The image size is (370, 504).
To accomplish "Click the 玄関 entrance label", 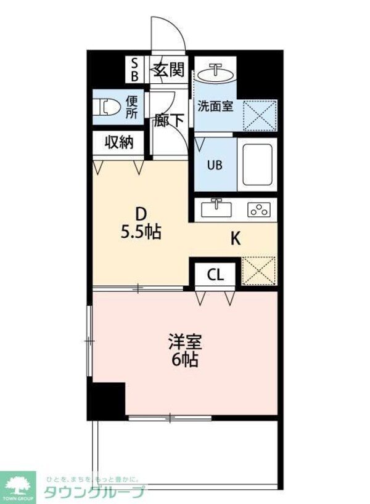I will [169, 69].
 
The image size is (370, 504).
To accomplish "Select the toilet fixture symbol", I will [109, 108].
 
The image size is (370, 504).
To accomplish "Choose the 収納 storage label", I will [119, 142].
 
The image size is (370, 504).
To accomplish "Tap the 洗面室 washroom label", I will [215, 105].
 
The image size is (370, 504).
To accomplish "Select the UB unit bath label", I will [215, 165].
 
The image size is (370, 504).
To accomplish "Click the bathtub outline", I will [257, 165].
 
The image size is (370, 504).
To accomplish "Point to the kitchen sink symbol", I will [216, 208].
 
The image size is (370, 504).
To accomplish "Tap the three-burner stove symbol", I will [259, 209].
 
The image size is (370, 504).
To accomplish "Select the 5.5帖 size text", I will [141, 232].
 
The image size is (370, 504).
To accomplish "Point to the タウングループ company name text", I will [94, 492].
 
